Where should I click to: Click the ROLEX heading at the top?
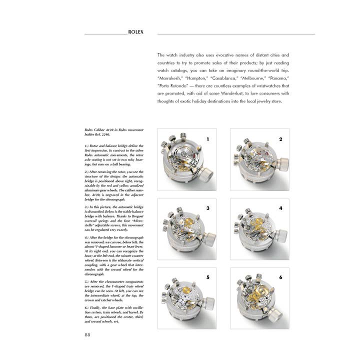pos(135,32)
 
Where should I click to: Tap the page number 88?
pos(88,335)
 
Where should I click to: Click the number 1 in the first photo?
pos(207,139)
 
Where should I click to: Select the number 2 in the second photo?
pos(280,139)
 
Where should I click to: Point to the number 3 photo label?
pos(207,207)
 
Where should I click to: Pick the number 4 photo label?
pos(280,207)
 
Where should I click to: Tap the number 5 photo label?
pos(207,276)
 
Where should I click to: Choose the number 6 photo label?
pos(280,276)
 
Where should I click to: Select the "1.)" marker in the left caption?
pos(88,145)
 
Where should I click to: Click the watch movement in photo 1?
pos(182,161)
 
